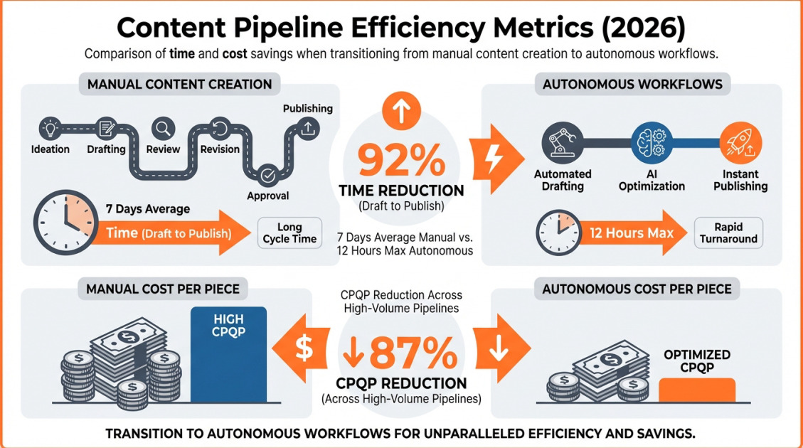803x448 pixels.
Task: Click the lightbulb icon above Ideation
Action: (50, 129)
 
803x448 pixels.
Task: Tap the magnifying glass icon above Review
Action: (164, 129)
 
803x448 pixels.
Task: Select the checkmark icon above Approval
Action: (268, 174)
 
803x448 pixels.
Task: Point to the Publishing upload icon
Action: (307, 129)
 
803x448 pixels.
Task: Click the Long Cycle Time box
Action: (289, 233)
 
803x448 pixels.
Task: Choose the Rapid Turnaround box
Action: (728, 233)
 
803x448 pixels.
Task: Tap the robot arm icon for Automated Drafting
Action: (563, 142)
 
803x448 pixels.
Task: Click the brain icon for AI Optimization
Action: (652, 142)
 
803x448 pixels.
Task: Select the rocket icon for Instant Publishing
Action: (740, 142)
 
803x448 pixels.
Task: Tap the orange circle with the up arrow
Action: (401, 110)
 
